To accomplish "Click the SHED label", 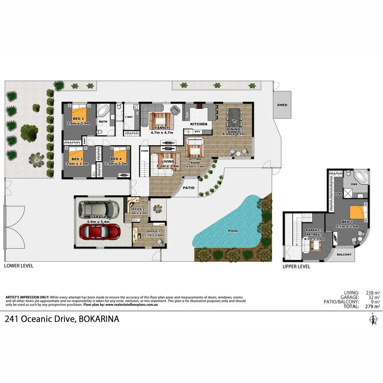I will tap(282, 105).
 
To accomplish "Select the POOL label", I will tap(233, 231).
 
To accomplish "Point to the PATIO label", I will tap(189, 188).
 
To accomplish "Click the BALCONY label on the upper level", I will tap(344, 255).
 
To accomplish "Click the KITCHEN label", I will tap(199, 124).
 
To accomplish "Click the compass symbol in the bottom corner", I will tap(372, 319).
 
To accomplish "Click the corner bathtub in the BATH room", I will tap(104, 110).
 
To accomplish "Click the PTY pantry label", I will tap(198, 132).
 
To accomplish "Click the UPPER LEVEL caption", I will tap(296, 267).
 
